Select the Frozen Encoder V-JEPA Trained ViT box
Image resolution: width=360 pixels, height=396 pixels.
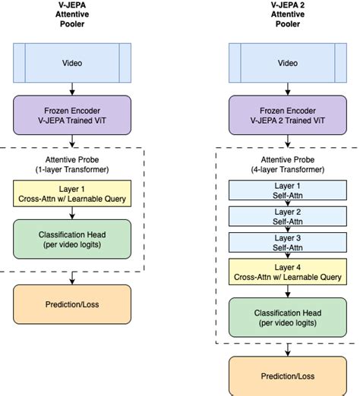click(72, 115)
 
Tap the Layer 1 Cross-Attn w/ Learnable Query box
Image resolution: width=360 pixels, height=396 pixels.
click(72, 193)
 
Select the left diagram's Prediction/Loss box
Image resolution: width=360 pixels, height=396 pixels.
click(72, 306)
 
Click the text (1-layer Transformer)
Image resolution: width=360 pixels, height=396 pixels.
click(72, 168)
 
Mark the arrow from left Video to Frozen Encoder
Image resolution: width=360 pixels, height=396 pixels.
click(72, 88)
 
